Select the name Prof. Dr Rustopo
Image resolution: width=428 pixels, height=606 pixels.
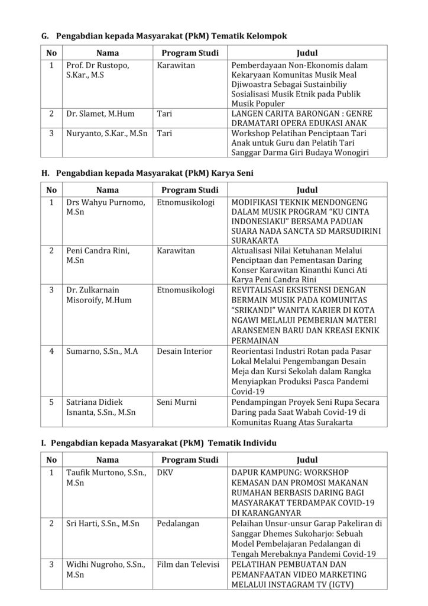(x=97, y=65)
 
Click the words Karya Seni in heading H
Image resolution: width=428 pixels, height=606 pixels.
(x=232, y=173)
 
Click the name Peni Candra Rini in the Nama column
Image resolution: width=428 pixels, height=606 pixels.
(x=98, y=251)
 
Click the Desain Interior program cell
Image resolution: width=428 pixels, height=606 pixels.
(x=184, y=352)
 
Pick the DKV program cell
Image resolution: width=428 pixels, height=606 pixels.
(x=164, y=473)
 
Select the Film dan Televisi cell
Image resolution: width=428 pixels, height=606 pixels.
(x=187, y=565)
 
